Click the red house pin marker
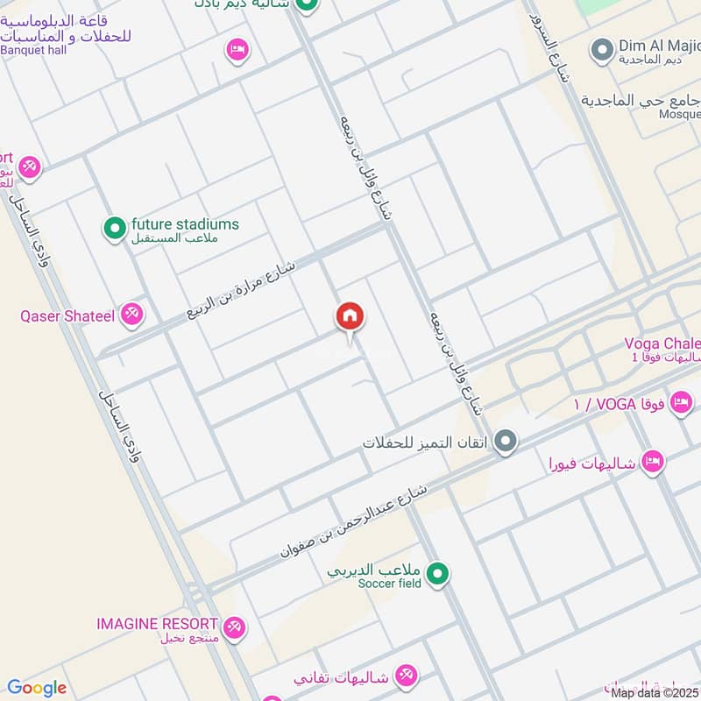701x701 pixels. [350, 317]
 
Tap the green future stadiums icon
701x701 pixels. [115, 230]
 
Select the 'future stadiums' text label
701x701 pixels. [185, 224]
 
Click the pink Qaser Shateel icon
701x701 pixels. [132, 314]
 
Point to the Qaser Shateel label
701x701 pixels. [67, 315]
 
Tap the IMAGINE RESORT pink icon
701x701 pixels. [234, 627]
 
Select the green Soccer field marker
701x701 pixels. [440, 575]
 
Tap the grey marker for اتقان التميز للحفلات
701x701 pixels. [505, 441]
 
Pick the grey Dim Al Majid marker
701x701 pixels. [601, 50]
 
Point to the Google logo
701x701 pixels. [37, 688]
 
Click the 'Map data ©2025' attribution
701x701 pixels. [655, 692]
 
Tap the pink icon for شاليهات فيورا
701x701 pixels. [652, 461]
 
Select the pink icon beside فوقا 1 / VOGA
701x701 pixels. [680, 404]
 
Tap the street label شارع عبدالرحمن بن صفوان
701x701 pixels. [354, 522]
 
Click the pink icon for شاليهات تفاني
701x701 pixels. [406, 676]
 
